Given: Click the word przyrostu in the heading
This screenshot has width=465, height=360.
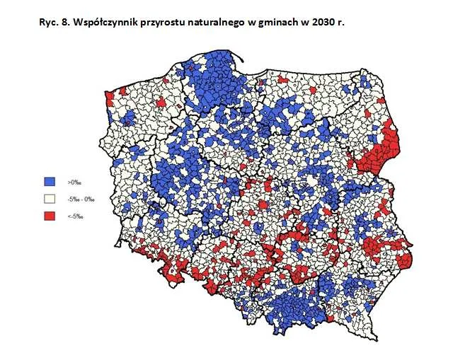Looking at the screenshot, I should pyautogui.click(x=159, y=22).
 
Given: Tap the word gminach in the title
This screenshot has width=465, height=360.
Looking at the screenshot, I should pyautogui.click(x=275, y=22).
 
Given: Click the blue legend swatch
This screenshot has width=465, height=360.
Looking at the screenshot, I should pyautogui.click(x=49, y=182).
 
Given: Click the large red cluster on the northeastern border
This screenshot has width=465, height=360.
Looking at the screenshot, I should pyautogui.click(x=379, y=152).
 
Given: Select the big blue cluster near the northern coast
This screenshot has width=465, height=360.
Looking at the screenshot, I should pyautogui.click(x=212, y=78).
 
